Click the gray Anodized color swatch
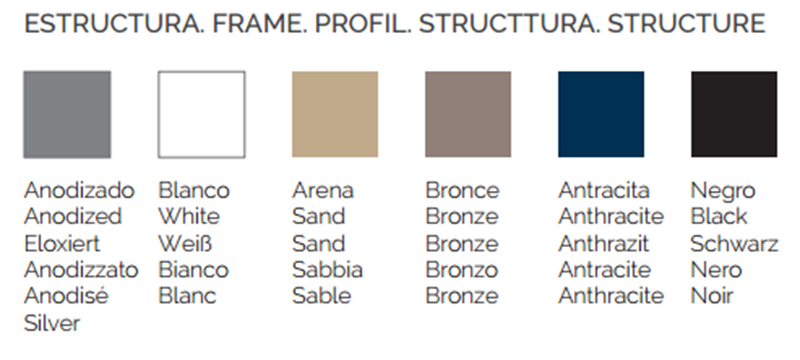(x=67, y=115)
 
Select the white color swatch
(x=202, y=115)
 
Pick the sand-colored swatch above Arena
(x=335, y=115)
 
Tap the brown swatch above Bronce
(x=468, y=115)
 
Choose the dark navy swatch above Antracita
(x=601, y=115)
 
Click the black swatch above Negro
(x=734, y=115)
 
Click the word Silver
(x=52, y=323)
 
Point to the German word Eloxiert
(x=62, y=244)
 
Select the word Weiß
(x=185, y=244)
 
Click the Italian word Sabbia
(x=327, y=270)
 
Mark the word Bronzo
(x=461, y=270)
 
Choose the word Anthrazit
(x=604, y=244)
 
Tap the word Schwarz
(x=734, y=244)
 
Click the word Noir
(x=712, y=296)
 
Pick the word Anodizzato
(x=81, y=270)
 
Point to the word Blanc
(x=187, y=296)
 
